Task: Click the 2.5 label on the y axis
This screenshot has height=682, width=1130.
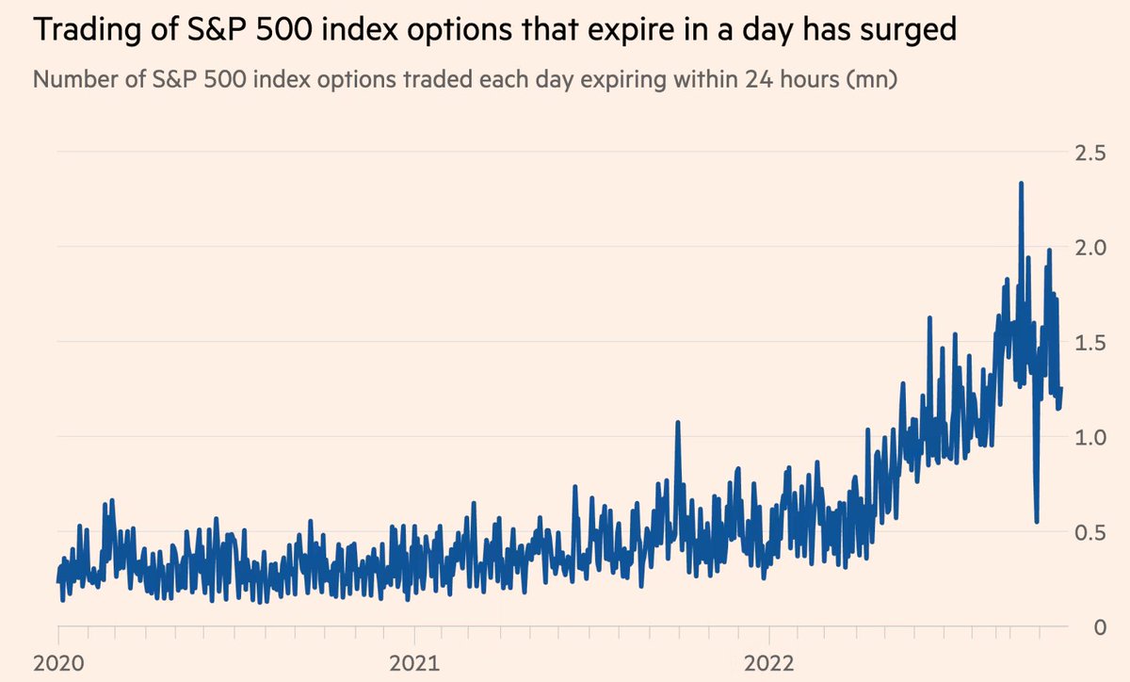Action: [x=1091, y=153]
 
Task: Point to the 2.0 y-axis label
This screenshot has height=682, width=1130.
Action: [x=1091, y=248]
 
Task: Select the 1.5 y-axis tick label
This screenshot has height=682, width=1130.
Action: [x=1091, y=343]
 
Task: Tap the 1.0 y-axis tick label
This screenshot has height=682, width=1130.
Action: [x=1091, y=437]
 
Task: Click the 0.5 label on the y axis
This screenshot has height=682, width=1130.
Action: [x=1091, y=532]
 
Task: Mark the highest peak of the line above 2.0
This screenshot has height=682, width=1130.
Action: [x=1021, y=184]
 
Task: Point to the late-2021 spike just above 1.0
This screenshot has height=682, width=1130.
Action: [x=677, y=423]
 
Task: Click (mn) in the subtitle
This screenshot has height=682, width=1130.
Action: [x=871, y=79]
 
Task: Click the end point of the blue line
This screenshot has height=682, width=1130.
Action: [x=1061, y=389]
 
